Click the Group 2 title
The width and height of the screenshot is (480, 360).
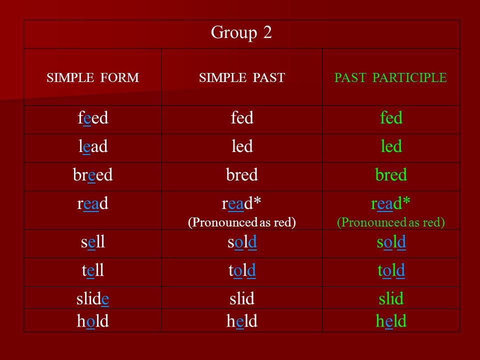241,33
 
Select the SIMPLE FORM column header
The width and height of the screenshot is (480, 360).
93,77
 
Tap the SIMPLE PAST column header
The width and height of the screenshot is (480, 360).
242,77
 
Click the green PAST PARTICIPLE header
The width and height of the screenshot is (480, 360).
390,77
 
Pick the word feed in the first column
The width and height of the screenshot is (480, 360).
93,118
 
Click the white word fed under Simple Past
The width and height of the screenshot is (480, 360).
242,118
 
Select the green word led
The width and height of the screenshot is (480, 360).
391,146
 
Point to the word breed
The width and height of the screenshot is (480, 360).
93,175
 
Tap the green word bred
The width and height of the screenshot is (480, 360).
391,175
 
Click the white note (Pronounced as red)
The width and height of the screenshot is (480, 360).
242,222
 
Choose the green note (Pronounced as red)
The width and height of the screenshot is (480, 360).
391,222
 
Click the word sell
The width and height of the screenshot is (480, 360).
93,242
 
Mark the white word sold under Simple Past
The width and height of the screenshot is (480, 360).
242,242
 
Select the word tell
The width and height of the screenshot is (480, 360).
93,270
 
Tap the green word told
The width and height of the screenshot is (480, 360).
391,270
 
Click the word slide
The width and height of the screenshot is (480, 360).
93,298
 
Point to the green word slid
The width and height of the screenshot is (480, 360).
391,298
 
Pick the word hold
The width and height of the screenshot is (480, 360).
93,321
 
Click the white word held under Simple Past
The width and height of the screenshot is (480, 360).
242,321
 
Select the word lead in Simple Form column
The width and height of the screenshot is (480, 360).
93,146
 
